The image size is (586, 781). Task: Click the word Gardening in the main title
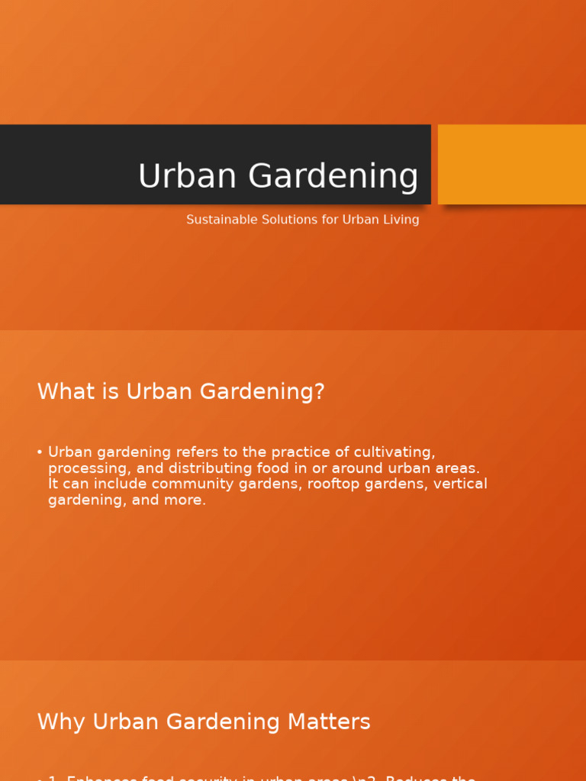[x=333, y=177]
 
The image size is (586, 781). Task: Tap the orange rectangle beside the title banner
[x=511, y=164]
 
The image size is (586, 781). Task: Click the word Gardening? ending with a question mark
[x=262, y=392]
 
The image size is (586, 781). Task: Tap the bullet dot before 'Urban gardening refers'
[x=40, y=452]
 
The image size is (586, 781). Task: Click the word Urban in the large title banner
[x=187, y=177]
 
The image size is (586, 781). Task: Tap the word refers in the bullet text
[x=198, y=452]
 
